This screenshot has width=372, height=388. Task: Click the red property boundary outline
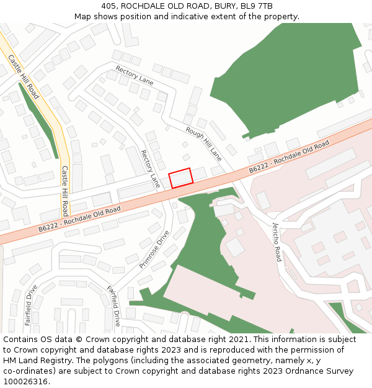(x=181, y=177)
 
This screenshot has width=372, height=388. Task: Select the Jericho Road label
(x=277, y=241)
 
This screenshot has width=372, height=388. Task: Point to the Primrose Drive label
(x=154, y=250)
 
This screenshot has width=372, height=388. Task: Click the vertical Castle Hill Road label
(x=65, y=190)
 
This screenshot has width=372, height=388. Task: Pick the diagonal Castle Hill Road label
(x=24, y=77)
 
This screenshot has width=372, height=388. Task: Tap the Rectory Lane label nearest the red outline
(x=151, y=169)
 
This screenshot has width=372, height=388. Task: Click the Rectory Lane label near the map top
(x=135, y=74)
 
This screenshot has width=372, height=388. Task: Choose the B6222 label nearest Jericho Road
(x=289, y=157)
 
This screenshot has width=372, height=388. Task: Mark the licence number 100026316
(x=25, y=382)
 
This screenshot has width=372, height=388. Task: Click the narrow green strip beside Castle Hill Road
(x=38, y=121)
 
